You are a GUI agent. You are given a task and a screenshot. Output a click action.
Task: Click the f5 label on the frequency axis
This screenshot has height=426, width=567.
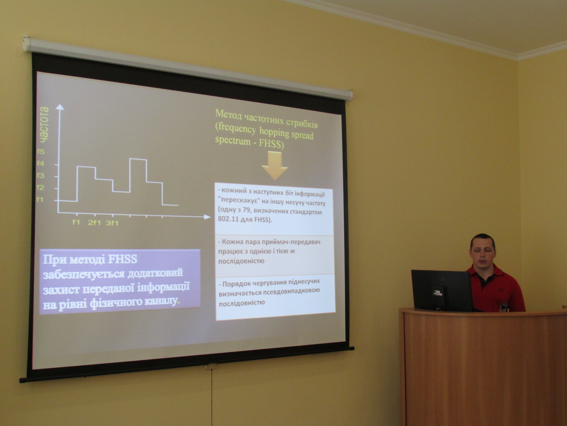41,152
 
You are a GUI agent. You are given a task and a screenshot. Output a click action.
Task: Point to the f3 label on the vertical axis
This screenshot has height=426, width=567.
41,176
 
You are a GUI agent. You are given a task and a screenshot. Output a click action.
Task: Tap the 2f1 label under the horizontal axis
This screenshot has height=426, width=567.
94,223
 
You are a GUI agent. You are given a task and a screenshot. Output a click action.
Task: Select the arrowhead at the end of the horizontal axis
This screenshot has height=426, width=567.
208,217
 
